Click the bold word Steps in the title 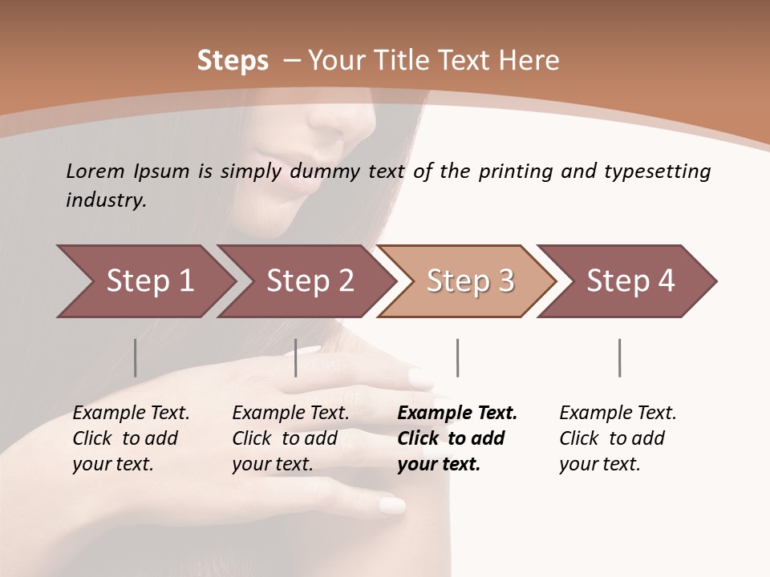coord(233,60)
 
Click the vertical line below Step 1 coord(136,357)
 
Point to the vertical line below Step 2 coord(296,357)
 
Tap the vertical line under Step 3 coord(458,357)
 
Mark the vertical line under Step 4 coord(620,357)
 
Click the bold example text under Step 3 coord(456,438)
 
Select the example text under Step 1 coord(130,438)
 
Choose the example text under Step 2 coord(290,438)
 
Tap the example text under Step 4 coord(617,438)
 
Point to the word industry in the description coord(106,200)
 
